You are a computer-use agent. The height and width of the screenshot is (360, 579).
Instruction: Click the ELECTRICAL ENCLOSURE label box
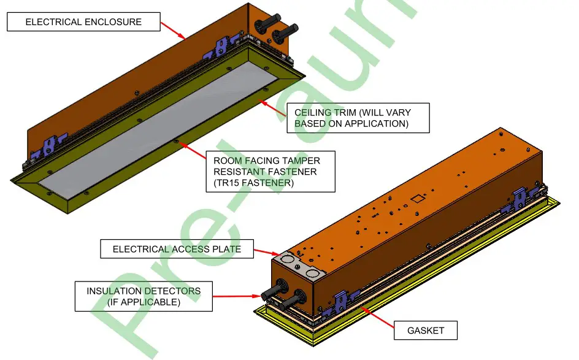[x=83, y=22]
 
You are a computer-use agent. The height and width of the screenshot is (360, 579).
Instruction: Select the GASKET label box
[x=426, y=331]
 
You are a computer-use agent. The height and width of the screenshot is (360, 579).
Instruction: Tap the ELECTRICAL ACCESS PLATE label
[x=177, y=249]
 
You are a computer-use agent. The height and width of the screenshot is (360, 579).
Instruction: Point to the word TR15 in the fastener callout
[x=228, y=183]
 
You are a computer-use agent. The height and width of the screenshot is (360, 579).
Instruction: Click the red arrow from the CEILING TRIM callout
[x=272, y=108]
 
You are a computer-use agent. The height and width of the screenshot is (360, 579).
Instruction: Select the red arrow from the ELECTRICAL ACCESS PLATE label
[x=267, y=252]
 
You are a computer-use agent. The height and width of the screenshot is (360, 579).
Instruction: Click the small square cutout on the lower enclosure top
[x=418, y=198]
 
